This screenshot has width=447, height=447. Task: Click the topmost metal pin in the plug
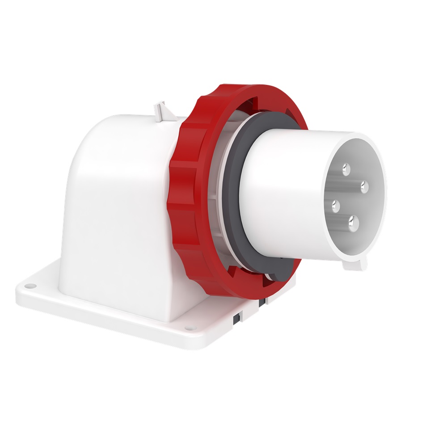point(346,169)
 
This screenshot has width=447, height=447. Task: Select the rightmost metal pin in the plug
point(363,185)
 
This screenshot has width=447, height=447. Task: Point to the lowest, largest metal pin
point(354,221)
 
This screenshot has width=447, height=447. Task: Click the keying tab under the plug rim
point(355,264)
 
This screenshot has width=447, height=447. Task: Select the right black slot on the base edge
point(264,302)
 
